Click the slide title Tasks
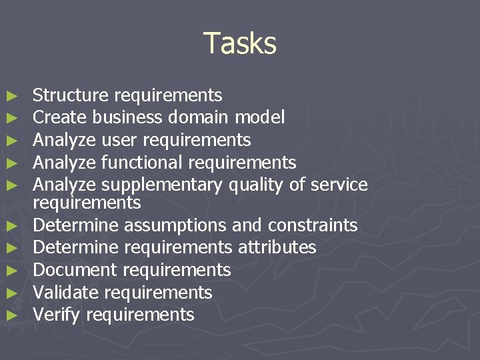tap(239, 43)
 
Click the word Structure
tap(71, 95)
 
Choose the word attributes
tap(277, 248)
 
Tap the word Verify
tap(57, 315)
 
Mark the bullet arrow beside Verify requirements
tap(10, 315)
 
